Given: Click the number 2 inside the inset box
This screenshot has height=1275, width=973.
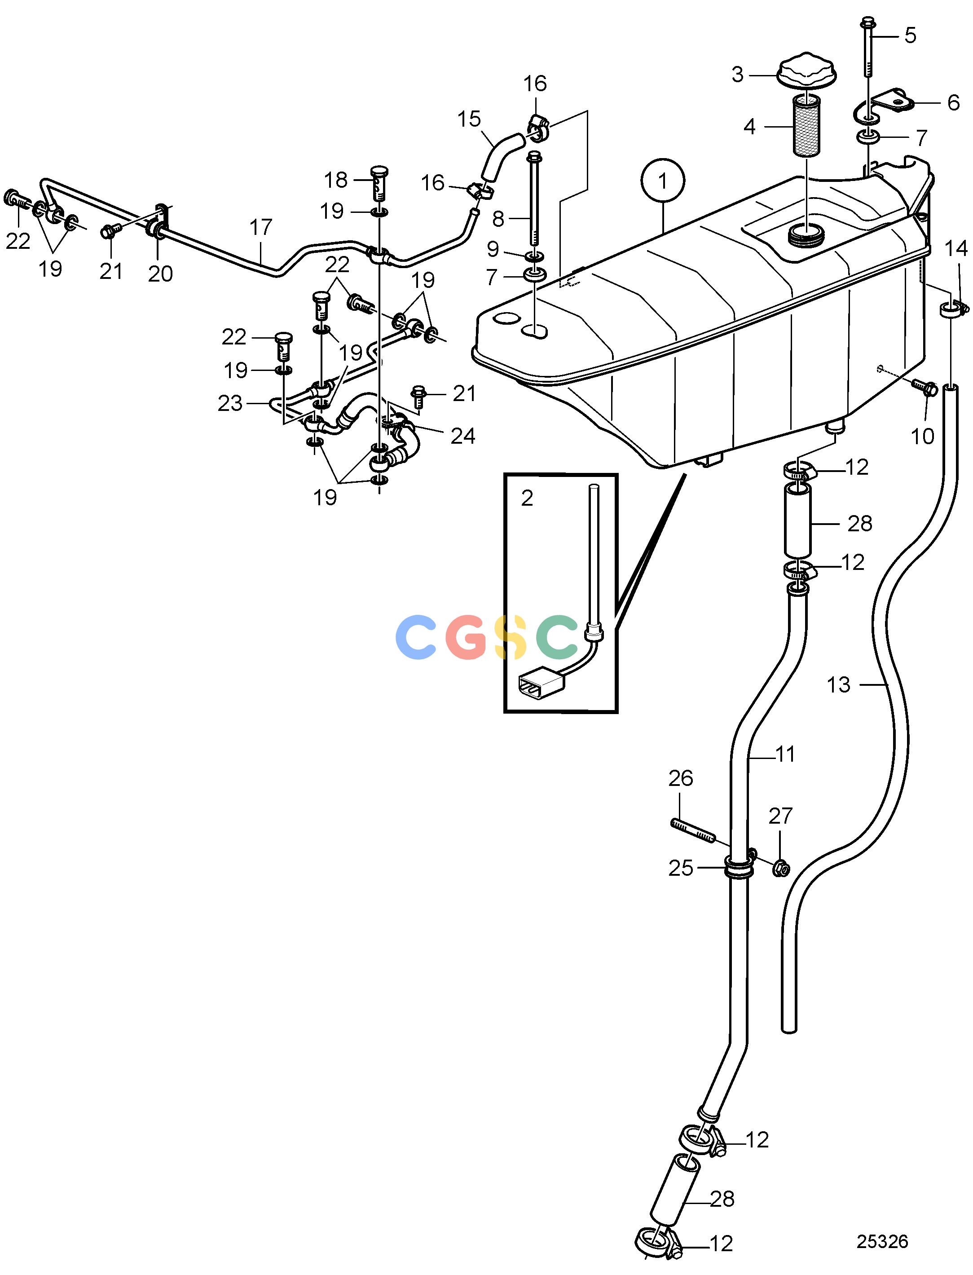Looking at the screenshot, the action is point(527,498).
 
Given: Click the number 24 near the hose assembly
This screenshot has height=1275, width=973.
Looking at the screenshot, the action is point(463,436).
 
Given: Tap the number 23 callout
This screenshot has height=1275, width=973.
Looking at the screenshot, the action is point(229,403).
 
